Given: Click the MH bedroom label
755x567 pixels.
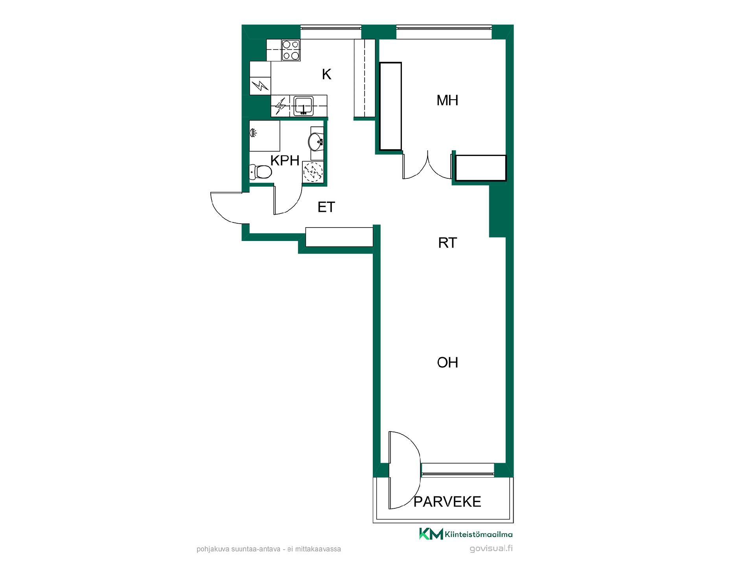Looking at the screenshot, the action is pos(447,100).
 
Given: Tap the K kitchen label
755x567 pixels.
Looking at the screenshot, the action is pos(326,74).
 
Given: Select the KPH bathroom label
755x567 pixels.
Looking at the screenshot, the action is pos(285,160).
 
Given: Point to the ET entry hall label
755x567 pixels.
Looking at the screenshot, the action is pos(326,207).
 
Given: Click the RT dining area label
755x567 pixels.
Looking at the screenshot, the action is pos(447,243).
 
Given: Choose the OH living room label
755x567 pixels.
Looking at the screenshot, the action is pos(447,362).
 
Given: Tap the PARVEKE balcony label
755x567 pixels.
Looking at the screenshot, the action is pos(447,502).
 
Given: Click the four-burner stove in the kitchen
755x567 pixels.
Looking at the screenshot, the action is pos(291,50).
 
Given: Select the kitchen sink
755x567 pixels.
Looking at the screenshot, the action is pos(303,106).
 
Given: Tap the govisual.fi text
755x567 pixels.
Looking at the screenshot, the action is pos(491,548).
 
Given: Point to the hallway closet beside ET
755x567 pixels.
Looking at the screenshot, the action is pos(339,237).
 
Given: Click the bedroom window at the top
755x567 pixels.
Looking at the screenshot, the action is pos(444,32).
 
